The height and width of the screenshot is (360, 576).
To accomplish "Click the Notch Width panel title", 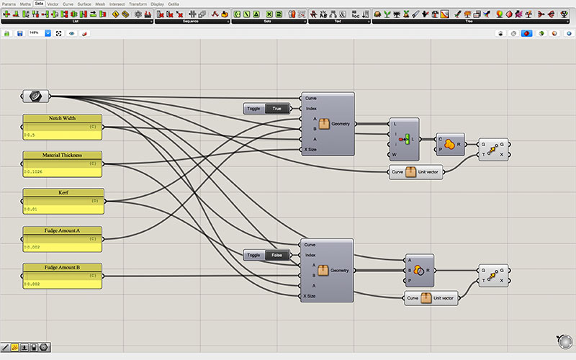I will click(x=63, y=118).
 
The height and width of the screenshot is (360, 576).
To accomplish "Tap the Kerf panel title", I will click(x=63, y=193).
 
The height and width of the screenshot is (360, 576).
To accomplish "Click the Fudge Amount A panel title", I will click(x=63, y=230).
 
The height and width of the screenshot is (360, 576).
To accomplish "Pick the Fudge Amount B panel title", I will click(x=63, y=268).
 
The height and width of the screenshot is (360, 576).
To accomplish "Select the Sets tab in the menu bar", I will click(x=39, y=4).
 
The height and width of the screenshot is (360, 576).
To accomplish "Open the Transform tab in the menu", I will click(x=137, y=4).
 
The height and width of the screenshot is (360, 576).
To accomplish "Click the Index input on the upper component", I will click(x=311, y=109).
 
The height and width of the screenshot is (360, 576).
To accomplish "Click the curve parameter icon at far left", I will click(x=35, y=96).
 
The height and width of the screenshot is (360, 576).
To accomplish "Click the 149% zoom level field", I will click(x=34, y=33).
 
